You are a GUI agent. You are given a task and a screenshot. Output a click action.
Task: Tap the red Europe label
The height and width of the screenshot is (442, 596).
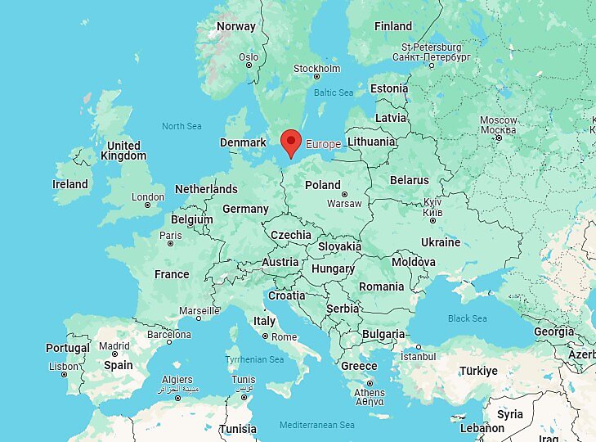tap(323, 144)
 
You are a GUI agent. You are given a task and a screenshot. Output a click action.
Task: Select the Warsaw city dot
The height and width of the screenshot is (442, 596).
tap(344, 194)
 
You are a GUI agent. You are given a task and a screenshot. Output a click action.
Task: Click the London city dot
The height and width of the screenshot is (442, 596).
tap(147, 205)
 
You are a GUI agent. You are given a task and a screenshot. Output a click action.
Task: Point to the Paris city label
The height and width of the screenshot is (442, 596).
tap(171, 236)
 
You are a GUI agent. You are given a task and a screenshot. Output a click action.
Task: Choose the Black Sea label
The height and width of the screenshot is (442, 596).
tap(467, 318)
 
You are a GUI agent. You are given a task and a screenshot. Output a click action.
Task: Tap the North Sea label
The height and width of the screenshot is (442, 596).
tap(181, 126)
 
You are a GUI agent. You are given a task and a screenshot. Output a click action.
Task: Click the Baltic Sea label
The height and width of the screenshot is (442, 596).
tap(334, 92)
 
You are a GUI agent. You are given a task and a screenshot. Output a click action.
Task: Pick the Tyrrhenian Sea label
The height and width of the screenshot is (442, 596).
tap(254, 359)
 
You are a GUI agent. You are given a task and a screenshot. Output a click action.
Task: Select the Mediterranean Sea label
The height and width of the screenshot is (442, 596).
tap(316, 425)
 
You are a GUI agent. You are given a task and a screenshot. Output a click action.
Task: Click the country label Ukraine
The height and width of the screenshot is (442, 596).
tap(441, 242)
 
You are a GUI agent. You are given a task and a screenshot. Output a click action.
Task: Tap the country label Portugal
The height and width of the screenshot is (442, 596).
tap(67, 349)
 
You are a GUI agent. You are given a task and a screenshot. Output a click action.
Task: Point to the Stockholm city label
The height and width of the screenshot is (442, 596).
tap(316, 68)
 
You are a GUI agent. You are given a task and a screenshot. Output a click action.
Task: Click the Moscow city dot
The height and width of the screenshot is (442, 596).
tap(498, 138)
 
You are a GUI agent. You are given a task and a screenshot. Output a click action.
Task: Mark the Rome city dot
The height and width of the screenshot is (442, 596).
tap(265, 336)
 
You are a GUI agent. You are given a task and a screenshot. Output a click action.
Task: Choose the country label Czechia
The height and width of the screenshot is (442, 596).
tap(291, 235)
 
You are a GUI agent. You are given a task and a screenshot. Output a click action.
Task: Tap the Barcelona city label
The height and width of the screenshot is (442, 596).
tap(168, 335)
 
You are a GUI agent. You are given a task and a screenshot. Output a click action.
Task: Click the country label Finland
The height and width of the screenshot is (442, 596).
tap(393, 26)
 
